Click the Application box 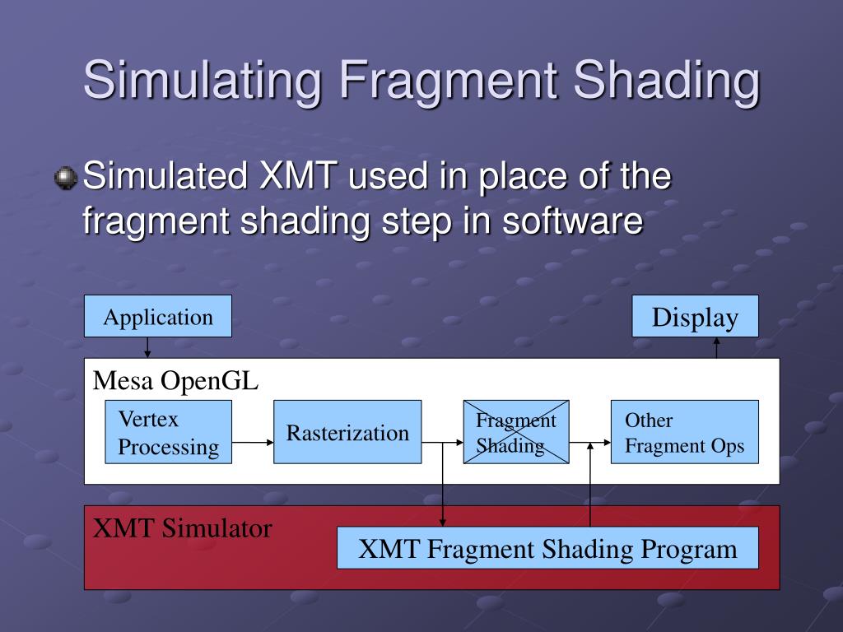[158, 317]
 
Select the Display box [695, 317]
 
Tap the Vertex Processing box [169, 433]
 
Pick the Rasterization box [347, 433]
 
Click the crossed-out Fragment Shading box [516, 433]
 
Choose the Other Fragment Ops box [684, 433]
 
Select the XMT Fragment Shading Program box [547, 548]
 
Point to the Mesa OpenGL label [175, 380]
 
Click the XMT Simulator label [182, 527]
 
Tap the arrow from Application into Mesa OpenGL [147, 347]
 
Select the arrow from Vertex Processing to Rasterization [253, 442]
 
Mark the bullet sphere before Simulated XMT [67, 177]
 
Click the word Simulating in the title [202, 81]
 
